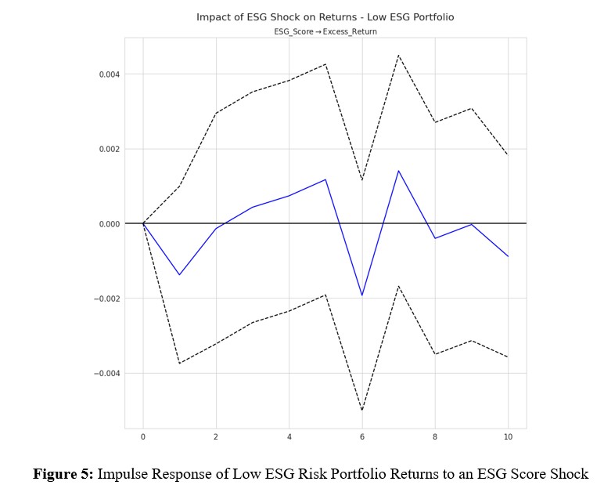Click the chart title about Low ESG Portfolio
[325, 16]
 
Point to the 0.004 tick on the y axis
[108, 74]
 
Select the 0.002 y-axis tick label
[108, 149]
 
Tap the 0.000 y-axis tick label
[108, 224]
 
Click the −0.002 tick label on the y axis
[106, 299]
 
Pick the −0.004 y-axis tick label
[106, 374]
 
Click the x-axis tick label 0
[143, 436]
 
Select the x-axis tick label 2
[216, 436]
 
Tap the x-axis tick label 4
[289, 436]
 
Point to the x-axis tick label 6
[362, 436]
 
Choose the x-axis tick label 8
[435, 436]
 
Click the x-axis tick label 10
[509, 436]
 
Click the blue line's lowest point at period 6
[362, 295]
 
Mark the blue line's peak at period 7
[398, 171]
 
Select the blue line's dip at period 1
[179, 275]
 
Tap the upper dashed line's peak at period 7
[398, 55]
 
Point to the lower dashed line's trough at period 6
[362, 410]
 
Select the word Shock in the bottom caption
[570, 473]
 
